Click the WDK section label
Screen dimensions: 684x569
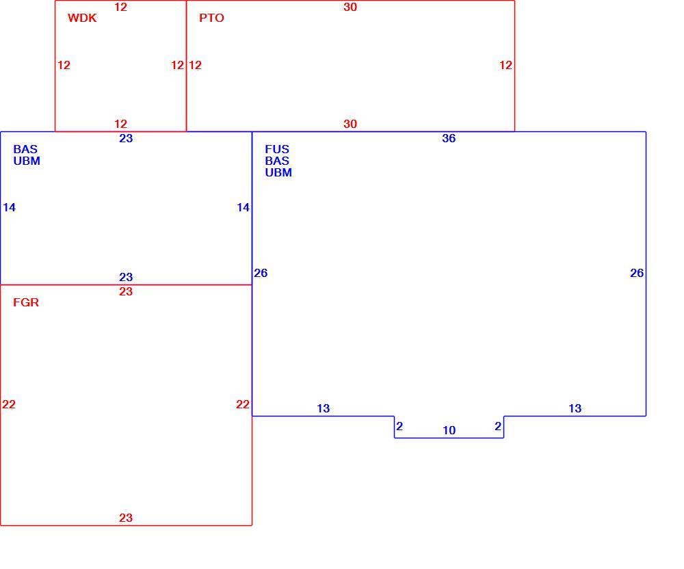click(x=82, y=18)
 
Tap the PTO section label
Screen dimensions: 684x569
click(x=211, y=18)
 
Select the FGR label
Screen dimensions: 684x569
click(x=26, y=302)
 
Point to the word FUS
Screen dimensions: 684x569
click(x=277, y=149)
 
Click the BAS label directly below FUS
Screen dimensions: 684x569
click(x=277, y=161)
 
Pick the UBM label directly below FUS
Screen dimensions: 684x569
click(x=278, y=172)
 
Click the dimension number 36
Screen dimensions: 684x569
click(x=449, y=138)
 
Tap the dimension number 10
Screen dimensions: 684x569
click(x=449, y=430)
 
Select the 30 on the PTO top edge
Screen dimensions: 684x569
click(x=350, y=7)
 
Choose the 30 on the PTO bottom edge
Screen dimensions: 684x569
click(x=350, y=124)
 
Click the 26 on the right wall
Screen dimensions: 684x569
click(x=637, y=273)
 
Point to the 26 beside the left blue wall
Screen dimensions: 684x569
click(x=261, y=273)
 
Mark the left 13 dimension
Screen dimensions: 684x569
click(x=324, y=408)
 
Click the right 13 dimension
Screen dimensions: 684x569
click(x=575, y=408)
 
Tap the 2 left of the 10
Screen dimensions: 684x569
click(x=399, y=426)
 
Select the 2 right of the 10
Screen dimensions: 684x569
click(x=498, y=426)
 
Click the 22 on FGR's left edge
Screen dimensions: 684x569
click(x=9, y=405)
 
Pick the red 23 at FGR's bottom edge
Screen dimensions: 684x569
click(x=126, y=518)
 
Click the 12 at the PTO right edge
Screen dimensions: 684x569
click(x=505, y=66)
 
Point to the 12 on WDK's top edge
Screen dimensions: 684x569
click(x=121, y=7)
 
